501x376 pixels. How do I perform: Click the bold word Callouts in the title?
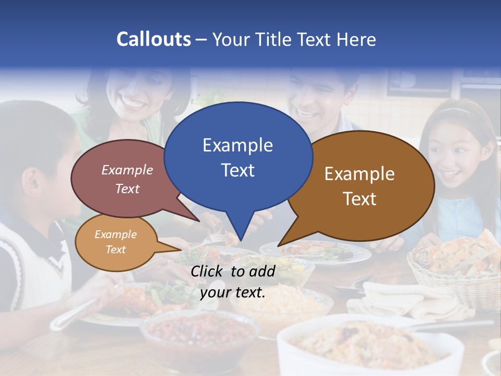click(x=153, y=40)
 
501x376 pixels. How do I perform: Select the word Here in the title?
click(x=357, y=40)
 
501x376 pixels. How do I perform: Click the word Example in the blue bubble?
click(x=237, y=145)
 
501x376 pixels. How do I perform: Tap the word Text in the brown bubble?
click(x=360, y=199)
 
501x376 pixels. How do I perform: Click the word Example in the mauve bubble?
click(x=127, y=170)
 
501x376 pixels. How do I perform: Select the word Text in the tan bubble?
click(x=116, y=250)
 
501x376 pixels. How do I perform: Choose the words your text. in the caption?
click(x=233, y=293)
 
